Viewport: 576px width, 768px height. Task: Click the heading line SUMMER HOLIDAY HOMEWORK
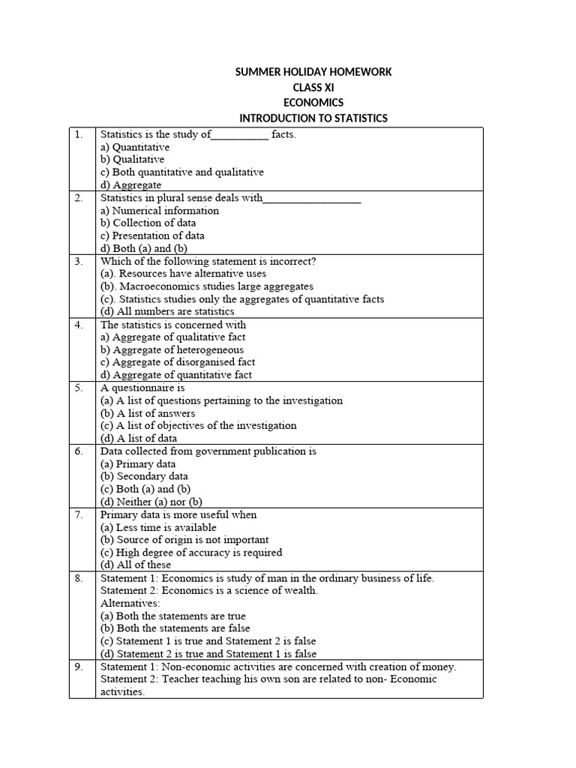313,72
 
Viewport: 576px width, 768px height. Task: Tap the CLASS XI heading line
313,88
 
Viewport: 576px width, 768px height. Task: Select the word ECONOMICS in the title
313,103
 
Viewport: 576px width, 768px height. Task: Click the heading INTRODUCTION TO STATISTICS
313,118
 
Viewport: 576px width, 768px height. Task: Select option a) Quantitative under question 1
135,147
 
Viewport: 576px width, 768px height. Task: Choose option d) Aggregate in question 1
130,185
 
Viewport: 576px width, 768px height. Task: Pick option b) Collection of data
148,223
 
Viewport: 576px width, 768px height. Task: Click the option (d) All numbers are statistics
167,311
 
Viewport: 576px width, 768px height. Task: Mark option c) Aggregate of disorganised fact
178,362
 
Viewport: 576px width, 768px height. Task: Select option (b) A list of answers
148,413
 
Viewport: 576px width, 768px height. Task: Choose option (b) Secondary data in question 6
144,476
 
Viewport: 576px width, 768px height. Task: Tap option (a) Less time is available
158,527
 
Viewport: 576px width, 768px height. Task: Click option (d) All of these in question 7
136,565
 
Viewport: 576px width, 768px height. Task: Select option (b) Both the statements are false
175,628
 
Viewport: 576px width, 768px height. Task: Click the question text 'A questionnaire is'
132,388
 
